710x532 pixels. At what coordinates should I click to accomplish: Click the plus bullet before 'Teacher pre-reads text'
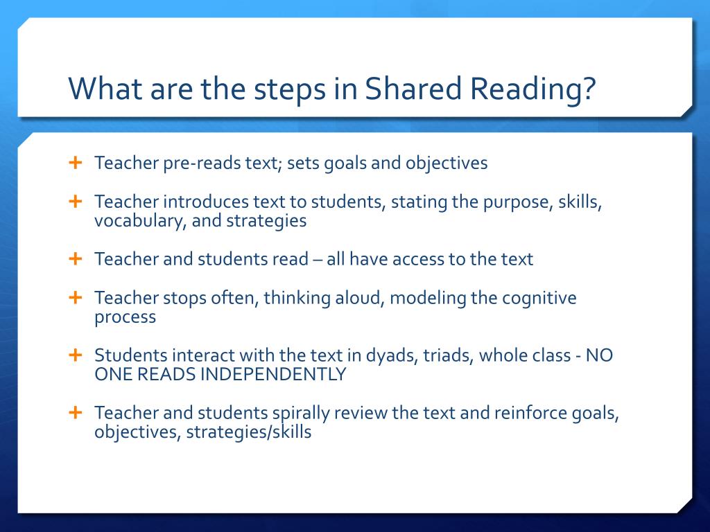[x=75, y=163]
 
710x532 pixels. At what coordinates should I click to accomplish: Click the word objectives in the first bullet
[x=447, y=164]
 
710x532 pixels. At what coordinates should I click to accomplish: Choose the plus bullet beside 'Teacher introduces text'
[x=75, y=202]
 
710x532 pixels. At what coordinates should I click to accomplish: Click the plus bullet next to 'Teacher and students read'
[x=75, y=259]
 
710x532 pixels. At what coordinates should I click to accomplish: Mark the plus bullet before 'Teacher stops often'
[x=75, y=298]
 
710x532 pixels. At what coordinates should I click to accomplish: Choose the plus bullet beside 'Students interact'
[x=75, y=355]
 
